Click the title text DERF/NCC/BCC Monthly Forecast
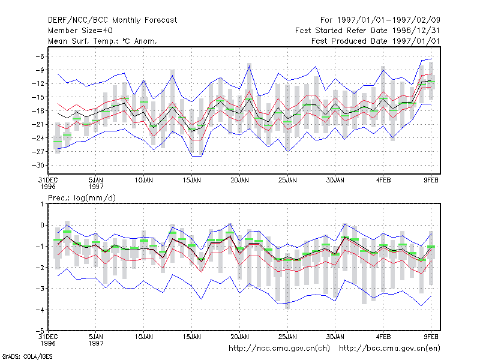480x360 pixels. point(112,20)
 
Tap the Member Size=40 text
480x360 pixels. point(80,31)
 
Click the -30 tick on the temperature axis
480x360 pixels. point(38,166)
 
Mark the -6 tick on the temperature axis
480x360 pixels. point(40,56)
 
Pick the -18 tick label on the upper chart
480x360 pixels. point(38,111)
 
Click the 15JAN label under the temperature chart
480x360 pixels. point(192,181)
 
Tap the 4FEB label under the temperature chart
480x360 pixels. point(383,181)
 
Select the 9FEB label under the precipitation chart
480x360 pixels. point(431,337)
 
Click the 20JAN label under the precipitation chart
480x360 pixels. point(239,337)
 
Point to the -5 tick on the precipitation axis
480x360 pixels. point(40,331)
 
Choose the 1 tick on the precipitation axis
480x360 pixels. point(42,204)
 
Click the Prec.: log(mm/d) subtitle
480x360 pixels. point(82,198)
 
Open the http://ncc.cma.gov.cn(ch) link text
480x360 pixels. point(279,349)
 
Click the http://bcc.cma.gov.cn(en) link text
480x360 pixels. point(389,349)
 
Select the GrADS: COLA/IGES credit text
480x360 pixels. point(27,356)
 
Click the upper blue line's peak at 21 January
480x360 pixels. point(250,66)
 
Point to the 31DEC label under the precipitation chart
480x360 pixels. point(48,340)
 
